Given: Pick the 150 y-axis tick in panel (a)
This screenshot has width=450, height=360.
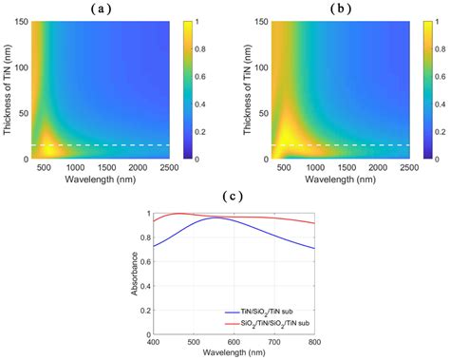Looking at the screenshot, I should pos(22,22).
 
